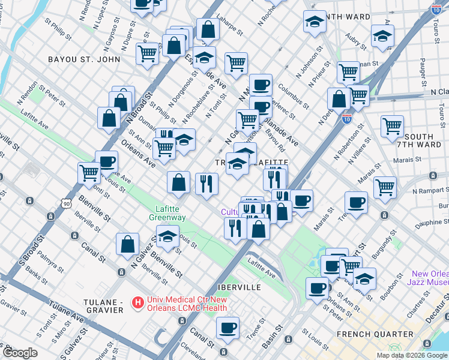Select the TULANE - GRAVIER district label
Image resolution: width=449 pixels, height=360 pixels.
tap(95, 305)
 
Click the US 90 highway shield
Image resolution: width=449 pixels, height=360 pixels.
tap(65, 205)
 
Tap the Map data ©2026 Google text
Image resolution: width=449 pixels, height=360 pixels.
tap(412, 355)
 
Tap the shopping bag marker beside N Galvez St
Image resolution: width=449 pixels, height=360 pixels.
tap(128, 244)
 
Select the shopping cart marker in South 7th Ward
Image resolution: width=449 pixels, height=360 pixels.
tap(392, 126)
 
